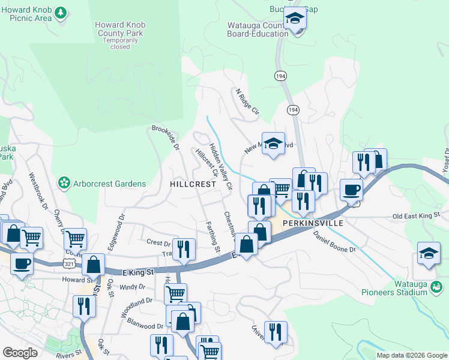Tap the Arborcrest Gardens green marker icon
point(63,182)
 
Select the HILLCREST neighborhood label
point(192,184)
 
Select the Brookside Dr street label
point(166,137)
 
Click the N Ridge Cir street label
point(247,103)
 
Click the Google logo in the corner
point(20,353)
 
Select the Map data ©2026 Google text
point(411,355)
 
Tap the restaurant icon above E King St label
point(184,249)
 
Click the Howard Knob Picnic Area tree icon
point(60,13)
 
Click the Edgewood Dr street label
point(118,226)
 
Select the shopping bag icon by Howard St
point(94,264)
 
